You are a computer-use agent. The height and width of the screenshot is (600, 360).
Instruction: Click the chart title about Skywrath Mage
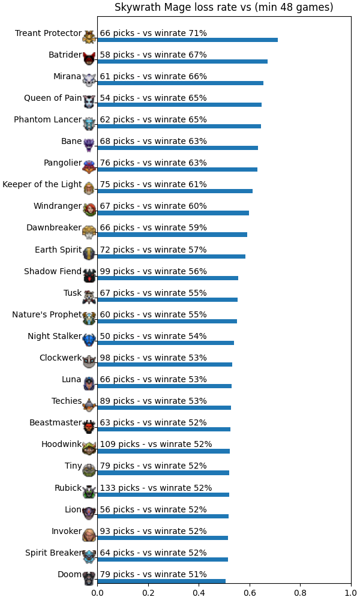click(x=224, y=7)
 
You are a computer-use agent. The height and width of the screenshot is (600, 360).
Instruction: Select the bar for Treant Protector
click(x=187, y=40)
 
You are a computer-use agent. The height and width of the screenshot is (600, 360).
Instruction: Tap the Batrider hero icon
click(x=89, y=58)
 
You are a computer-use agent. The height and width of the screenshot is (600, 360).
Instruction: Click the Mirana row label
click(x=67, y=77)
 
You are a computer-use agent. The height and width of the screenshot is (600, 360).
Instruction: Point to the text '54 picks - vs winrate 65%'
click(x=153, y=98)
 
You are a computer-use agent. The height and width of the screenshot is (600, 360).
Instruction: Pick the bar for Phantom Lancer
click(x=179, y=126)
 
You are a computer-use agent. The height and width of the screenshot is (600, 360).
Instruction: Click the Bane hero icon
click(x=89, y=145)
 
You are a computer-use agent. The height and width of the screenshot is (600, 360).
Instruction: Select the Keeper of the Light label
click(x=42, y=184)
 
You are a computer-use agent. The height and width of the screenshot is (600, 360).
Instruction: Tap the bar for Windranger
click(x=173, y=213)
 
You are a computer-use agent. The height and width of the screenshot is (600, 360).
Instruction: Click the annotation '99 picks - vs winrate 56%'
click(x=153, y=271)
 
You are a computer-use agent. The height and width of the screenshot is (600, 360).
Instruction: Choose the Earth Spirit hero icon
click(x=89, y=253)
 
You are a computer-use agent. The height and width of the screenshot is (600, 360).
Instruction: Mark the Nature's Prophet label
click(x=47, y=314)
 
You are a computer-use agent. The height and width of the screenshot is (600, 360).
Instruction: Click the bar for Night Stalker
click(x=166, y=343)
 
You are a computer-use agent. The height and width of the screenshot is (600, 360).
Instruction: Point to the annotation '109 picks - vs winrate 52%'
click(x=156, y=444)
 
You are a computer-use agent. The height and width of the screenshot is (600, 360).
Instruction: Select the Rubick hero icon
click(x=89, y=491)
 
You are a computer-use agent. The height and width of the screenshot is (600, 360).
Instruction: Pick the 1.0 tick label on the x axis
click(x=351, y=593)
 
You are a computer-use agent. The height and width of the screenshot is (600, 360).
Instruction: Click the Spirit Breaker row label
click(x=53, y=553)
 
